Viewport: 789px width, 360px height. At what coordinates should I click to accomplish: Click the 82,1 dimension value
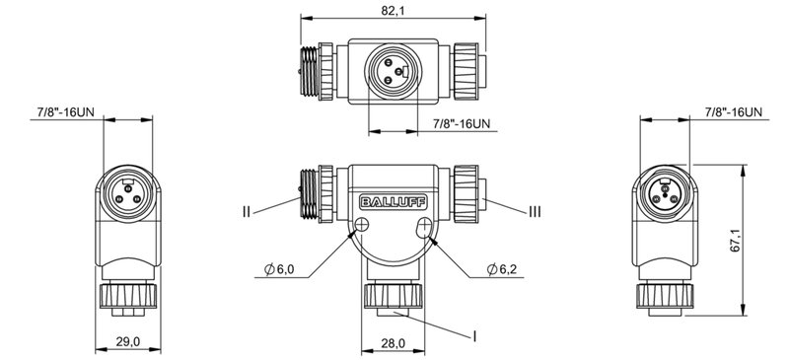coord(394,11)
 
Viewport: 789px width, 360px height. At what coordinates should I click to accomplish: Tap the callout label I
coord(475,335)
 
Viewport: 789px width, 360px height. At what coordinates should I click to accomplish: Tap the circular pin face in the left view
coord(125,189)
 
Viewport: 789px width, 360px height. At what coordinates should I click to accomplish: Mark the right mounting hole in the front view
coord(426,228)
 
